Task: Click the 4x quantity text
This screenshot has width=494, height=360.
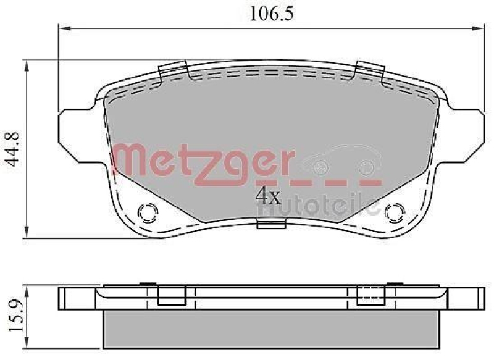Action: [x=268, y=196]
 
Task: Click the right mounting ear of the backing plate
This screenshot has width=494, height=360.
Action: [x=466, y=132]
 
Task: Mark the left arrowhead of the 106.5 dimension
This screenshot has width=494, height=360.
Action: [x=62, y=28]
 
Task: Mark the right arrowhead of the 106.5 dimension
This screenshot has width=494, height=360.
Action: [x=478, y=28]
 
